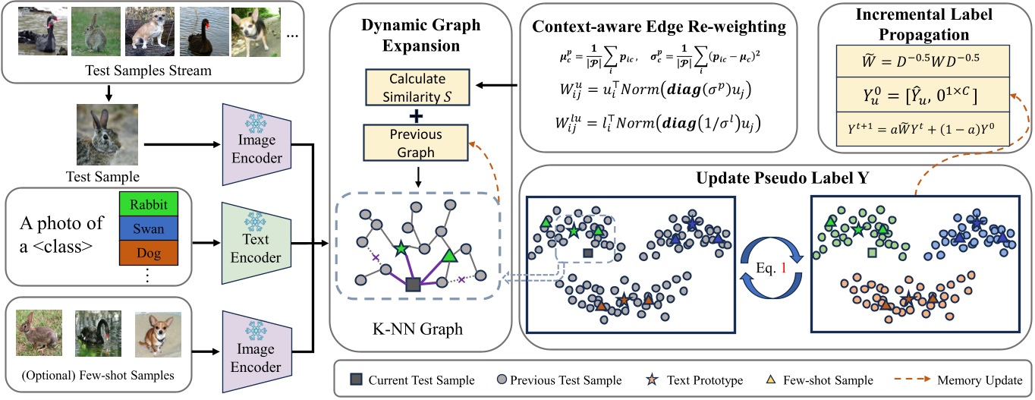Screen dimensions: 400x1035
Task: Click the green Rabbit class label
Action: pyautogui.click(x=149, y=206)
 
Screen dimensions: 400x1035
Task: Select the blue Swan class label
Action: pyautogui.click(x=149, y=228)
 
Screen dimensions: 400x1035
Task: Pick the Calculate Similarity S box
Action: pyautogui.click(x=417, y=88)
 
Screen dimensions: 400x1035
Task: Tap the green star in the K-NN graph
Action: pyautogui.click(x=401, y=247)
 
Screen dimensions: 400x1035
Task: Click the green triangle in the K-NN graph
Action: pyautogui.click(x=449, y=256)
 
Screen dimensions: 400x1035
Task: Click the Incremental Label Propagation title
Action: pyautogui.click(x=923, y=25)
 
